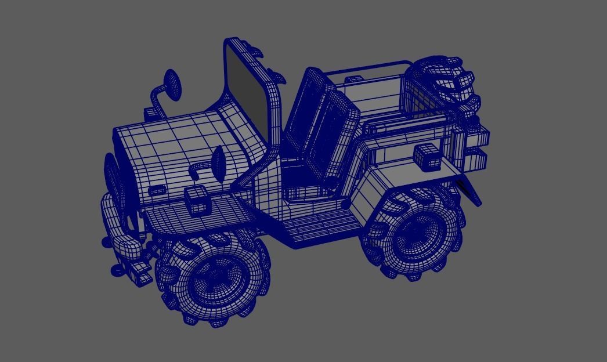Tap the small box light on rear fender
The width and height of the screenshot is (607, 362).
427,155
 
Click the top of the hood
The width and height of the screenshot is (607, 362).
168,133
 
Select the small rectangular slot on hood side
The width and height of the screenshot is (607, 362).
157,190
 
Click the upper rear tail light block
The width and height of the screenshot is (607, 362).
478,137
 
